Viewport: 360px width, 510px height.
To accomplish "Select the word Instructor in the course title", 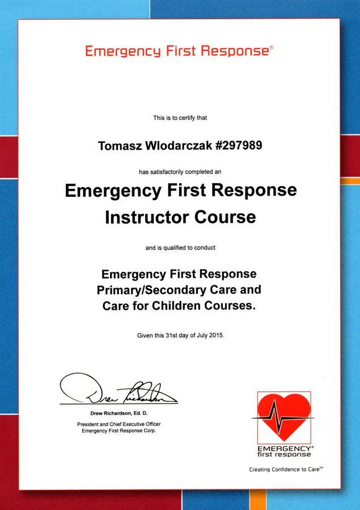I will (x=150, y=217).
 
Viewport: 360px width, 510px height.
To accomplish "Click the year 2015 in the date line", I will (x=215, y=335).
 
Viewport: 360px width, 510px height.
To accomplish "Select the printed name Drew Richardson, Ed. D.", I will (x=118, y=413).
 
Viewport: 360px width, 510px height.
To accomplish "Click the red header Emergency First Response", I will (x=177, y=51).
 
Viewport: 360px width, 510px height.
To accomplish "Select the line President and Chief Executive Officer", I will (x=118, y=424).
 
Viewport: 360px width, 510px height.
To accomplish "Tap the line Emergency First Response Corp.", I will (x=118, y=431).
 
